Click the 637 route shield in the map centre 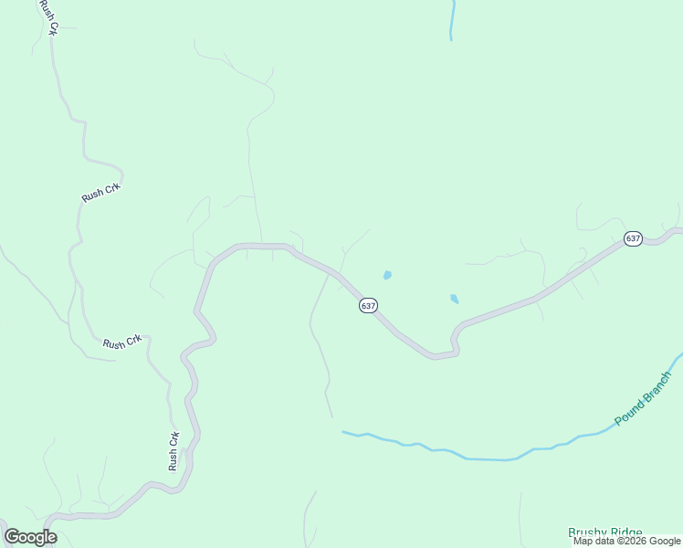coord(368,306)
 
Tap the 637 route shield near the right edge coord(633,238)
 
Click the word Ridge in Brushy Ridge coord(627,532)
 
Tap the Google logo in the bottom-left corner coord(30,537)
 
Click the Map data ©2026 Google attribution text coord(626,542)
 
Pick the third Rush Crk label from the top coord(121,342)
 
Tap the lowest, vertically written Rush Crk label coord(173,451)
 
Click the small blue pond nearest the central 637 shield coord(387,275)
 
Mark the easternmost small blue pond coord(454,299)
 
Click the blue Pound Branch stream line coord(475,458)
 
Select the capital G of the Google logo coord(13,537)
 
